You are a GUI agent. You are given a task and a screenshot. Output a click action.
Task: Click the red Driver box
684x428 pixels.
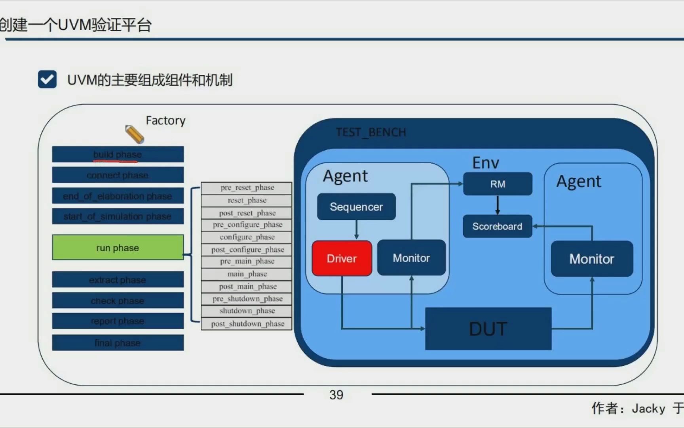(342, 258)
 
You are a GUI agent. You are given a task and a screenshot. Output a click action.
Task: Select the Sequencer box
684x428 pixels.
(356, 206)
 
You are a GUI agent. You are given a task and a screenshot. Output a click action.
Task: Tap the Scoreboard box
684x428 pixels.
(497, 226)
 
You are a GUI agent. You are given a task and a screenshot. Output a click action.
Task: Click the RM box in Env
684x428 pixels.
(498, 184)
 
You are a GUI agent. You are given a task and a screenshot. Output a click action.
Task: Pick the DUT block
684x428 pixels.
(488, 329)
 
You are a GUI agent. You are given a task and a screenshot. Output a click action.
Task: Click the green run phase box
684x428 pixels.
(118, 248)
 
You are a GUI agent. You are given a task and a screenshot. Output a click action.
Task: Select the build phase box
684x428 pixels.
(118, 154)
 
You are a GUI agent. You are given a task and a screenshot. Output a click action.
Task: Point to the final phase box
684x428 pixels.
(118, 343)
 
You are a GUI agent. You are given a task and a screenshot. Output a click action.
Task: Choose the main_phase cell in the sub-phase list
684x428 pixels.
(247, 274)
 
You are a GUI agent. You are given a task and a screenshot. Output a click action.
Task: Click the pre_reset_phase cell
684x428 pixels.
(247, 187)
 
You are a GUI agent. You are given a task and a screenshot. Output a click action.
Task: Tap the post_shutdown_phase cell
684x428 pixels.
(247, 324)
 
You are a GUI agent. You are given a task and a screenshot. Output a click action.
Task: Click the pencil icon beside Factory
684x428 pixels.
(135, 134)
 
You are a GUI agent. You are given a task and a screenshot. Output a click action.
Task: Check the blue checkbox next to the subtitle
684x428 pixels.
(47, 79)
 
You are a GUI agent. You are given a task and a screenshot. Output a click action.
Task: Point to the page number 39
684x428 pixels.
(336, 395)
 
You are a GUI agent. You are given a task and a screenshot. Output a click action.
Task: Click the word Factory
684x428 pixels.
(165, 120)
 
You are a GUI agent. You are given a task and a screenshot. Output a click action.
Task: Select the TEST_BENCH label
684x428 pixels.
(371, 132)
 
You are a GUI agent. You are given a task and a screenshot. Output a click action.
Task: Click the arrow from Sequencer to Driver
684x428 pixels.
(356, 230)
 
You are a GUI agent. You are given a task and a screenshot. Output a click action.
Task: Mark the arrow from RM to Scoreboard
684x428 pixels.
(498, 205)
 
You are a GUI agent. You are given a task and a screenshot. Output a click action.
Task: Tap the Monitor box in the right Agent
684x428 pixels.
(592, 259)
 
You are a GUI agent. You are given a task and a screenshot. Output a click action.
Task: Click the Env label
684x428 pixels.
(486, 163)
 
